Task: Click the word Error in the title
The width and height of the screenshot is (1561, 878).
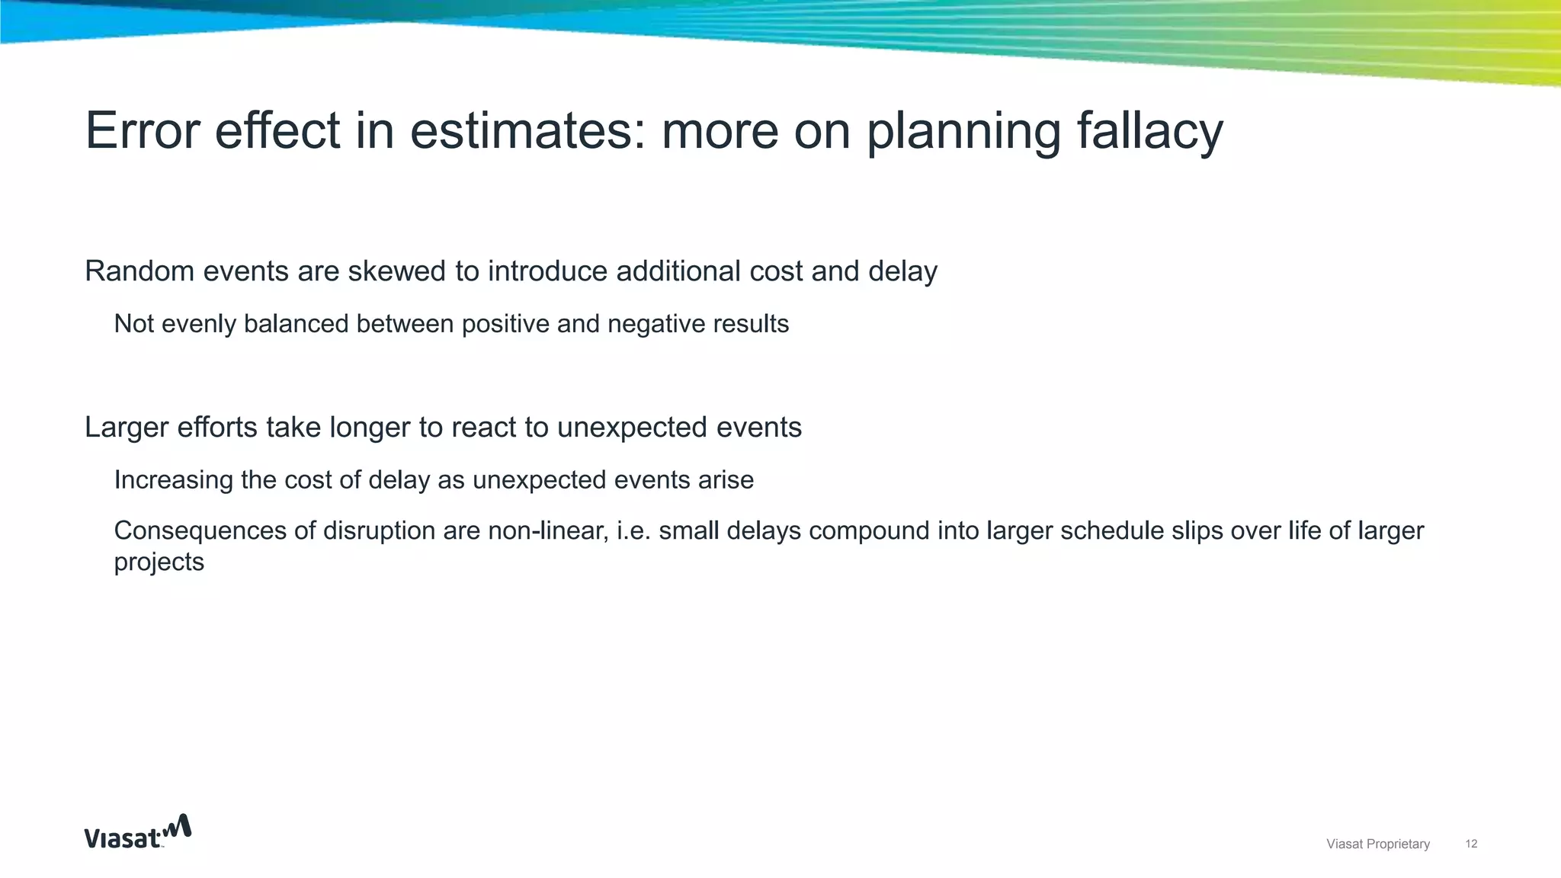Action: [x=142, y=131]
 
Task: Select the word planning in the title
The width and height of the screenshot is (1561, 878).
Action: [x=963, y=131]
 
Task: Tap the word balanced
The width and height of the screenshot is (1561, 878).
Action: [x=296, y=324]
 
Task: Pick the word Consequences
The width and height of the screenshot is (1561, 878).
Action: [x=200, y=530]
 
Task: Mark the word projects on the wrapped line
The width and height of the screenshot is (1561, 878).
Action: [x=159, y=562]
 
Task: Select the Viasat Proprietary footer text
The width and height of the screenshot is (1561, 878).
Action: [x=1377, y=844]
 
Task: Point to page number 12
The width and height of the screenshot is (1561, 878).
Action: [x=1471, y=844]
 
